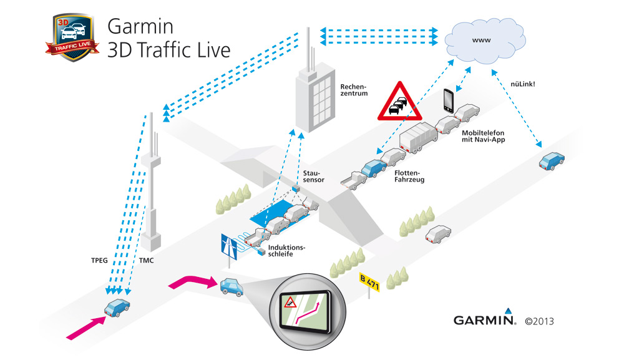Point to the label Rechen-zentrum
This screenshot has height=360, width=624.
pyautogui.click(x=354, y=90)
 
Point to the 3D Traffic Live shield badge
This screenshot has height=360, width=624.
pyautogui.click(x=71, y=38)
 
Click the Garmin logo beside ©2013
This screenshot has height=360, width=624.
pyautogui.click(x=484, y=320)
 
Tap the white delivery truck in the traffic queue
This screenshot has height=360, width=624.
pyautogui.click(x=417, y=137)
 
